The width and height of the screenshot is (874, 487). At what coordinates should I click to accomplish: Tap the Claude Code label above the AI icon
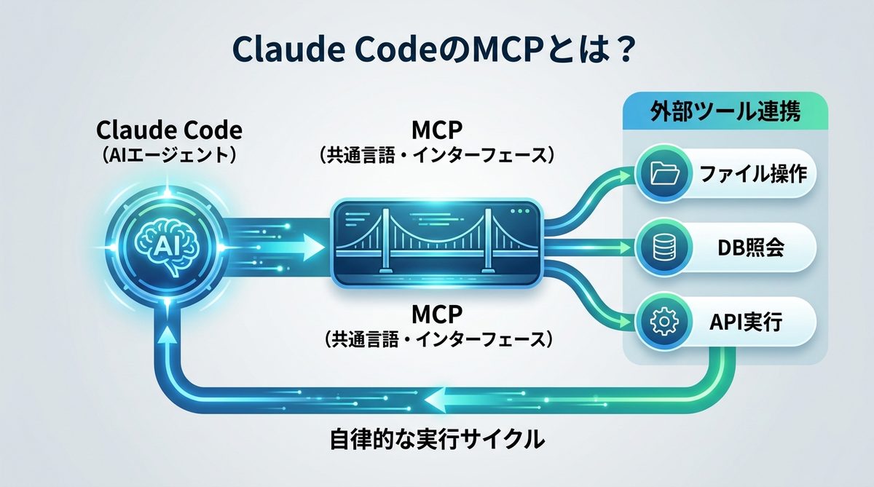tap(170, 131)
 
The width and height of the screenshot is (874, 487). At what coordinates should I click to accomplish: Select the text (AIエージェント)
tap(170, 156)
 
